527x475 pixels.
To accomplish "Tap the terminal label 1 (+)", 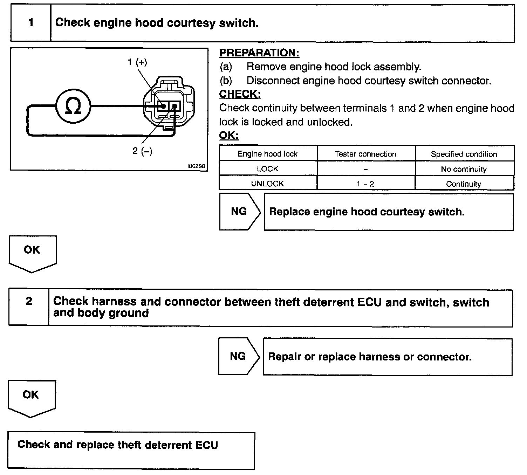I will [x=137, y=62].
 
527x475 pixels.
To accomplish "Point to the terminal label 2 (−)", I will [x=142, y=151].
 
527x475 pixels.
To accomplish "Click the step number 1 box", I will [x=31, y=23].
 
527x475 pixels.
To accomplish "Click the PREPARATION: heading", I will [x=259, y=53].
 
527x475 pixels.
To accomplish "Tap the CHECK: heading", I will [x=240, y=94].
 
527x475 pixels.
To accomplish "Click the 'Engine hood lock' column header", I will [x=267, y=154].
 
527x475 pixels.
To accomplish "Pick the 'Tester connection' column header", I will [x=365, y=154].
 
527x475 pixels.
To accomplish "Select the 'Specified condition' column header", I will [x=464, y=154].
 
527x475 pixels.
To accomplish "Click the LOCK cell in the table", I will [x=267, y=169].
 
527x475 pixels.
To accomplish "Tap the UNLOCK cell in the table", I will [x=267, y=184].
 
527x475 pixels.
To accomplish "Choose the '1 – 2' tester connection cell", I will [x=365, y=184].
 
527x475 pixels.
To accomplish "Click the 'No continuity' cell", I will [x=464, y=169].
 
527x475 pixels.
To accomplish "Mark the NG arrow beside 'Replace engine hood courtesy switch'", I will [x=239, y=212].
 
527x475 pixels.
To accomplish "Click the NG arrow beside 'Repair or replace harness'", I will [x=238, y=356].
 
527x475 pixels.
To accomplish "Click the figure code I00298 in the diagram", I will [x=196, y=166].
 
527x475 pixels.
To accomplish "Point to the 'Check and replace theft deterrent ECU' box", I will [x=131, y=450].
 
